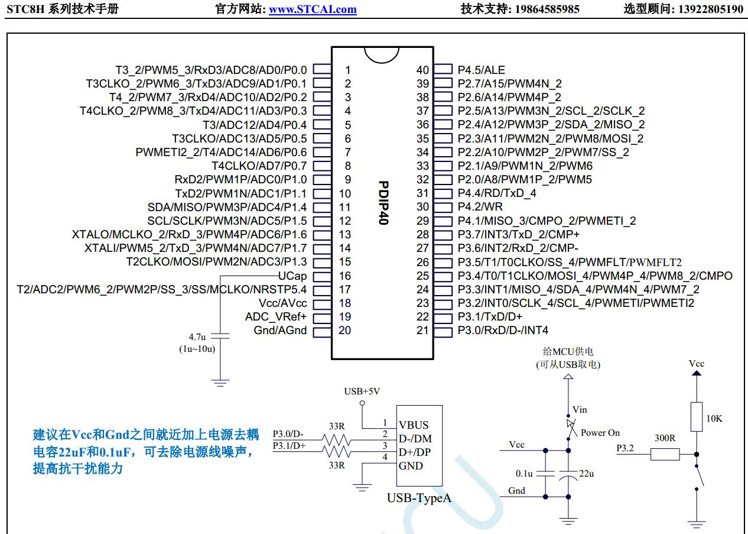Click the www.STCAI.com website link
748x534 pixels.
(x=313, y=9)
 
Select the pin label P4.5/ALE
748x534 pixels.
(x=482, y=70)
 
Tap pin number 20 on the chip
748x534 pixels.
(x=344, y=330)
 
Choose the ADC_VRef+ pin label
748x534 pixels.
(x=276, y=316)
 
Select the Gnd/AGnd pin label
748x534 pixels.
(x=280, y=330)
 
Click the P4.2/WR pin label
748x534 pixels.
(x=480, y=207)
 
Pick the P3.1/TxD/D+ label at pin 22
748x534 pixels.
(x=490, y=316)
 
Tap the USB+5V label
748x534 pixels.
(x=362, y=391)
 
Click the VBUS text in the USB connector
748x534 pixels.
(x=414, y=425)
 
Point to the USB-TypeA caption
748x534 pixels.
(x=419, y=498)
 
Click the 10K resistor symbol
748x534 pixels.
(x=697, y=417)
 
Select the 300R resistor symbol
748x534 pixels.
(x=665, y=454)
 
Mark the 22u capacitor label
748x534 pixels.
(x=586, y=474)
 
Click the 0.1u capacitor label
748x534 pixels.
(x=524, y=474)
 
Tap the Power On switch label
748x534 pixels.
(x=600, y=433)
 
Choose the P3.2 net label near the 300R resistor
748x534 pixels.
(x=625, y=448)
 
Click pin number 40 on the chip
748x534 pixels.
(x=422, y=70)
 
